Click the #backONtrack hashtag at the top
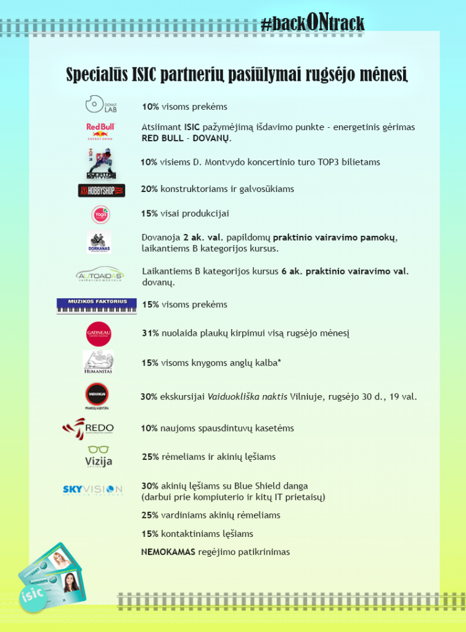[312, 23]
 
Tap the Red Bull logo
[100, 131]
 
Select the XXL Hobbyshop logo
[101, 190]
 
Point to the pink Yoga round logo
[100, 214]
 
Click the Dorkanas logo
[99, 243]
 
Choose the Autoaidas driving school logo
[100, 275]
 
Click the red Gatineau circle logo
[99, 334]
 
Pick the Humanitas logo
[99, 362]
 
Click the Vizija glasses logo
[99, 457]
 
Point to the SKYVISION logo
[93, 489]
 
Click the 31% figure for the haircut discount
[150, 333]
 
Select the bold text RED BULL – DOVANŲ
[186, 139]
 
